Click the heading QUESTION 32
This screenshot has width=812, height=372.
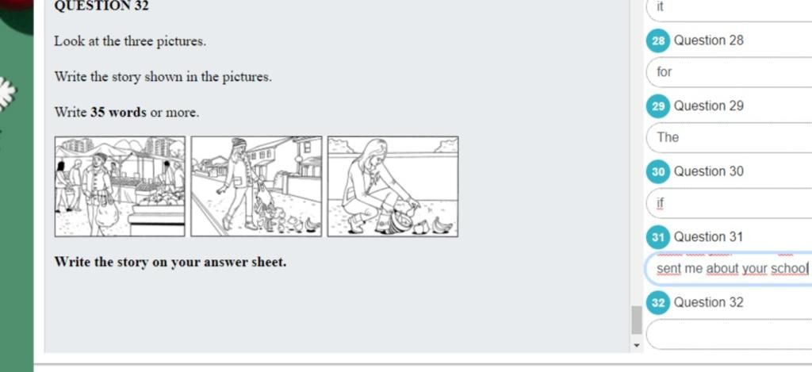tap(101, 6)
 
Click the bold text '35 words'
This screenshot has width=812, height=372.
tap(119, 113)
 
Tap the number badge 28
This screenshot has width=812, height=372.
tap(657, 41)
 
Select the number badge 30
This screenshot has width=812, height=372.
tap(657, 172)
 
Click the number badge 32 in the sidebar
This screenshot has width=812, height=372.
tap(657, 302)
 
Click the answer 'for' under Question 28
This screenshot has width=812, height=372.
tap(664, 72)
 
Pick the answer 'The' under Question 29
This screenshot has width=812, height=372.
tap(668, 137)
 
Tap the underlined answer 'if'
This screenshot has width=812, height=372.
tap(660, 202)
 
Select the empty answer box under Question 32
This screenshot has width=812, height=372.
tap(729, 334)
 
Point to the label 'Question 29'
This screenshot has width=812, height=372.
tap(708, 106)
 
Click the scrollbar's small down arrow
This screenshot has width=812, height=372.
tap(637, 345)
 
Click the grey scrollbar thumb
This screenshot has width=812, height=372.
tap(637, 320)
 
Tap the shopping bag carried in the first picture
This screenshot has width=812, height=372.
tap(108, 213)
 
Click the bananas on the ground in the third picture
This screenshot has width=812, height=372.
tap(442, 224)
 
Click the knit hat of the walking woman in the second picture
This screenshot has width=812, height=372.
tap(238, 142)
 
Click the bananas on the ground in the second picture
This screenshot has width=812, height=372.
tap(311, 224)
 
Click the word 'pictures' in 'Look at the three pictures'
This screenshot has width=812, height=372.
tap(182, 41)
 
